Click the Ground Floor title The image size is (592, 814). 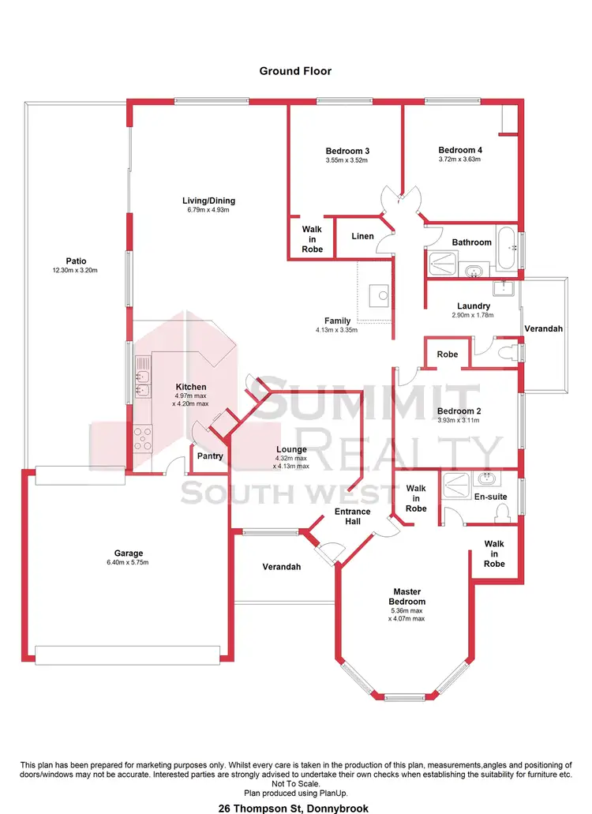(x=295, y=71)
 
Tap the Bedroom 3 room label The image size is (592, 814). (x=347, y=151)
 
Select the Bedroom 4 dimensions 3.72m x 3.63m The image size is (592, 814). (x=459, y=159)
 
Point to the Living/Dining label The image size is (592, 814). (x=208, y=201)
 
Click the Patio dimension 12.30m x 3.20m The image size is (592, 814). (x=76, y=270)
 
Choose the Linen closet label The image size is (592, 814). (x=362, y=236)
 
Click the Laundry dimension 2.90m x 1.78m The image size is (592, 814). (x=474, y=315)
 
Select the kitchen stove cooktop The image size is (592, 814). (x=143, y=437)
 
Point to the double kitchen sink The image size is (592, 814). (x=143, y=376)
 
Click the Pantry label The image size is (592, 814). (x=211, y=456)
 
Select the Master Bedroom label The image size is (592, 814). (x=407, y=597)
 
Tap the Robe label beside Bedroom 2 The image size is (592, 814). (x=447, y=354)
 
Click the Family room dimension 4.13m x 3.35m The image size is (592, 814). (x=337, y=330)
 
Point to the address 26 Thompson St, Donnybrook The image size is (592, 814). (x=295, y=808)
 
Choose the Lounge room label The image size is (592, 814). (x=291, y=449)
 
